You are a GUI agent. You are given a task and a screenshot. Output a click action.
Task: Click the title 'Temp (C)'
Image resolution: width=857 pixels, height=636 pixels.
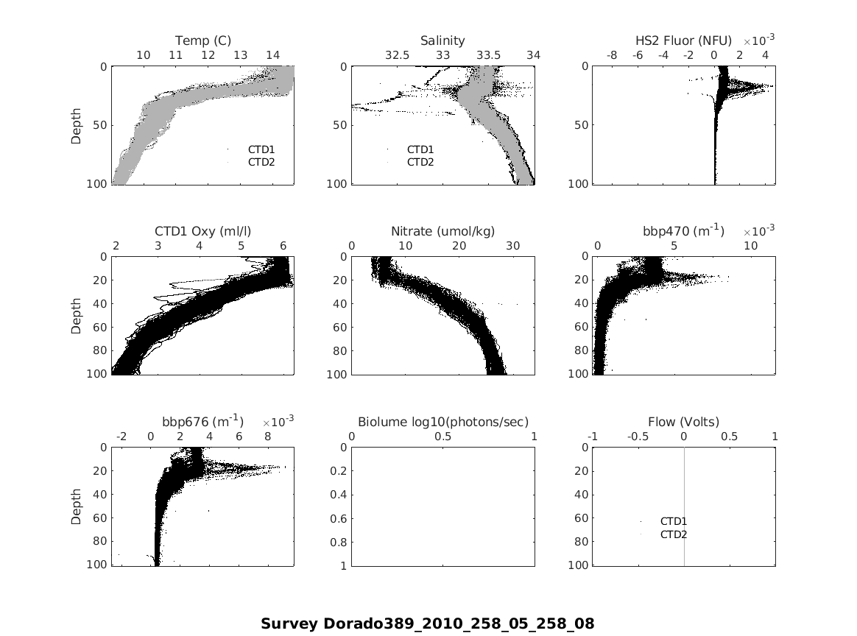click(x=203, y=40)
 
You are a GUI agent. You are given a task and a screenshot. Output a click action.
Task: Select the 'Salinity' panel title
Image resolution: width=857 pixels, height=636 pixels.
click(x=442, y=40)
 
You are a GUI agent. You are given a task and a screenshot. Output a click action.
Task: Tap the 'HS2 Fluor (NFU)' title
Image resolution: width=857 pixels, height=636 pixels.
click(x=683, y=40)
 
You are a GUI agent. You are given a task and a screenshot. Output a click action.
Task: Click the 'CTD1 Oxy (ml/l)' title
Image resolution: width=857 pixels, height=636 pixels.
click(x=203, y=231)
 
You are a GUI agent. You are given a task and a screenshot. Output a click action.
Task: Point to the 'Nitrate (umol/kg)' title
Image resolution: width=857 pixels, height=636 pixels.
click(x=442, y=231)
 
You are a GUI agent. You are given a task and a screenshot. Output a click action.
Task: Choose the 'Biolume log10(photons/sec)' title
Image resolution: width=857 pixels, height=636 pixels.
click(x=442, y=422)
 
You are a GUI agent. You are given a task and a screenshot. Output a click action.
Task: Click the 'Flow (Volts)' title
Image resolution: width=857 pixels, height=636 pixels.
click(x=683, y=422)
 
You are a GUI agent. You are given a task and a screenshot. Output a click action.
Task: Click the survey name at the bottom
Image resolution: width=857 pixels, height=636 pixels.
click(x=427, y=623)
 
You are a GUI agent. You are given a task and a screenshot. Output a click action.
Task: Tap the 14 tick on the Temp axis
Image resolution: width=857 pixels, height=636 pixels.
click(x=272, y=55)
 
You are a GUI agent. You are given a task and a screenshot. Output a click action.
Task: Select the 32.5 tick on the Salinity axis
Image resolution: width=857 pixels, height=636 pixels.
click(x=397, y=55)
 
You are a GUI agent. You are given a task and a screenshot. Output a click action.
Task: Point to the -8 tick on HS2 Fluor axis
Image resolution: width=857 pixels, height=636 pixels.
click(x=612, y=55)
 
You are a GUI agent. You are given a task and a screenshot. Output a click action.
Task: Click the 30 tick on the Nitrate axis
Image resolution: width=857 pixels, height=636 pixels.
click(x=512, y=246)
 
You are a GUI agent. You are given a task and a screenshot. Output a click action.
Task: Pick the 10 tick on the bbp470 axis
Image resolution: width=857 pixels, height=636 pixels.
click(x=750, y=246)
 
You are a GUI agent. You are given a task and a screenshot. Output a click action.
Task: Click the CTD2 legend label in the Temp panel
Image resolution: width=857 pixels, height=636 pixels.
click(x=261, y=162)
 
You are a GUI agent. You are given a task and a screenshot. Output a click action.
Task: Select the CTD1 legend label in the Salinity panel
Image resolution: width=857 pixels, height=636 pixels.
click(x=420, y=149)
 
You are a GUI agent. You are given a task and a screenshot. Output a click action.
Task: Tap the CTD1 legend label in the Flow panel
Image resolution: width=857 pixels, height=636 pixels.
click(x=674, y=522)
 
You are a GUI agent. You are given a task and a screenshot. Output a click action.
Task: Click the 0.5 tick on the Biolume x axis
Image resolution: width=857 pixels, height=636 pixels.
click(x=442, y=437)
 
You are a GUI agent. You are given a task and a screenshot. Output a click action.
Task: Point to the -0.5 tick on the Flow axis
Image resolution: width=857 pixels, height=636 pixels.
click(x=638, y=437)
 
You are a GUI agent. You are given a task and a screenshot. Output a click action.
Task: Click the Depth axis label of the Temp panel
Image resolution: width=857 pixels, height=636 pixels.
click(x=77, y=125)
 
